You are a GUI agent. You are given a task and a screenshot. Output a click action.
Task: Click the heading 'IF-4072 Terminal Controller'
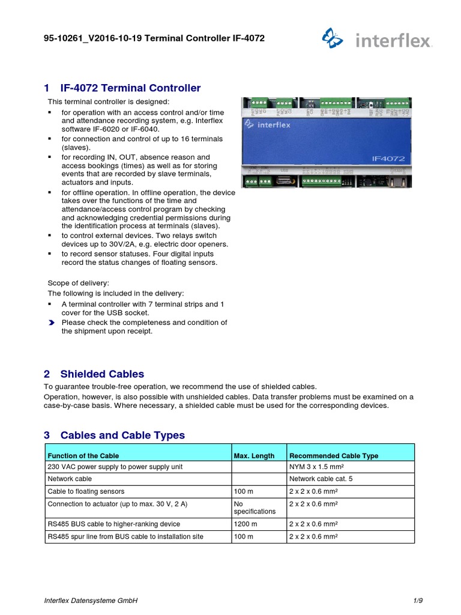[130, 88]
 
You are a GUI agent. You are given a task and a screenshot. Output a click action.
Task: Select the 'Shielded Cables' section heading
[102, 374]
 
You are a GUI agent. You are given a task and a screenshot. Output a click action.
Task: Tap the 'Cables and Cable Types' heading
[122, 435]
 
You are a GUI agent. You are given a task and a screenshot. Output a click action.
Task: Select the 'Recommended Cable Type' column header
[334, 456]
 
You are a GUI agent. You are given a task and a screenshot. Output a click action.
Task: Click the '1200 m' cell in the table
[245, 524]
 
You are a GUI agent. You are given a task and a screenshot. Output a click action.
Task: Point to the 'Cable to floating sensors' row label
[87, 491]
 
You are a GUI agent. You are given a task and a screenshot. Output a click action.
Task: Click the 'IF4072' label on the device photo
[388, 159]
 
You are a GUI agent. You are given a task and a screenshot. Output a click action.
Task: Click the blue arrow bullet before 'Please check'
[51, 323]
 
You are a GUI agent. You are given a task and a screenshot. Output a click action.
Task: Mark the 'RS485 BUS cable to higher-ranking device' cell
[113, 524]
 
